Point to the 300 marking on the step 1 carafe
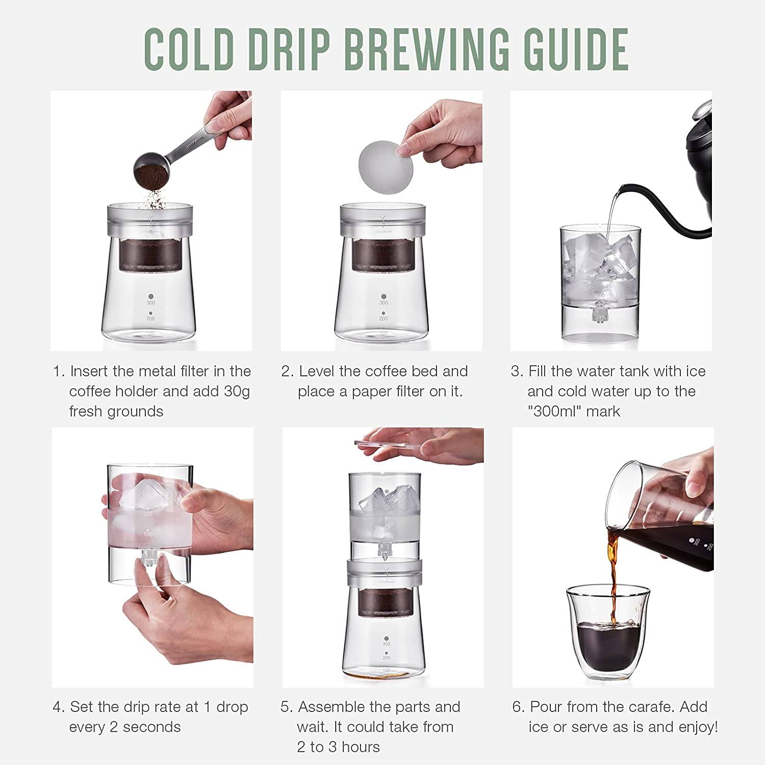tap(151, 303)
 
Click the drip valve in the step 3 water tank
tap(597, 312)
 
